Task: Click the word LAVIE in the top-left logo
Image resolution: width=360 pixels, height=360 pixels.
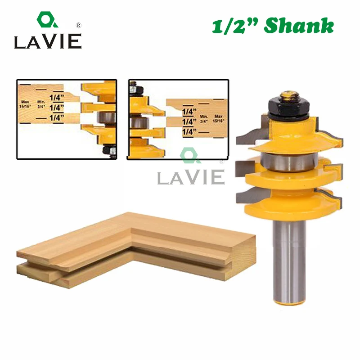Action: pos(47,41)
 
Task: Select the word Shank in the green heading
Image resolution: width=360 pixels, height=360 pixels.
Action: pos(299,26)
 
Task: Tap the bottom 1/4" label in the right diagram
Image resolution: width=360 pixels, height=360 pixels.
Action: pos(189,131)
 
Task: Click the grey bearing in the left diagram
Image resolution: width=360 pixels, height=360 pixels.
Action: pos(105,118)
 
